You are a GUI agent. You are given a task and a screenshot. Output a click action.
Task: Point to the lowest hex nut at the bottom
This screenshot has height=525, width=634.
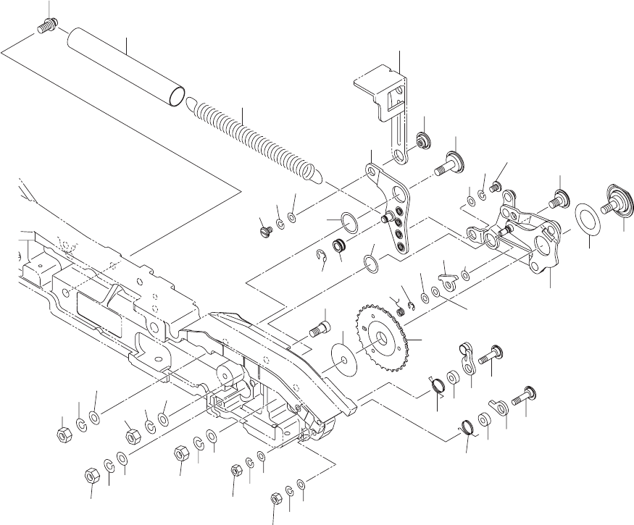click(x=275, y=499)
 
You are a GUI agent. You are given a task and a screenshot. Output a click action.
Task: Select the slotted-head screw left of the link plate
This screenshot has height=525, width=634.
click(x=264, y=230)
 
